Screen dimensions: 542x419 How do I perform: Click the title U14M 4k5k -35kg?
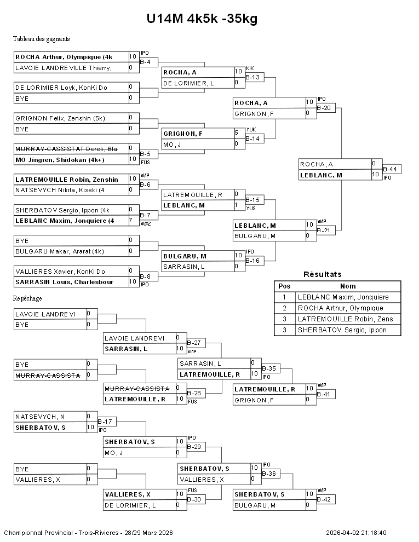202,19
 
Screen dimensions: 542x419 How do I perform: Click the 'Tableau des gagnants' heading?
41,39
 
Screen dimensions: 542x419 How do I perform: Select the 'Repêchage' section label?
27,298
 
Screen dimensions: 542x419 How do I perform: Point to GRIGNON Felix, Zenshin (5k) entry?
60,118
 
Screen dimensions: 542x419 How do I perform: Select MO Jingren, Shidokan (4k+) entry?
60,159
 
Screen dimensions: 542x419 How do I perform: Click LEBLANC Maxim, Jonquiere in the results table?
343,297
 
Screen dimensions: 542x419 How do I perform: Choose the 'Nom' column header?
348,286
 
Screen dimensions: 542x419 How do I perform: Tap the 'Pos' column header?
284,286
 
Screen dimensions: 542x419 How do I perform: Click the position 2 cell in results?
284,308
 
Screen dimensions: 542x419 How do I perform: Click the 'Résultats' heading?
322,274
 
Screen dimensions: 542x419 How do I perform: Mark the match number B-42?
325,499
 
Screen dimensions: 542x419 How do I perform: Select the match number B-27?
196,343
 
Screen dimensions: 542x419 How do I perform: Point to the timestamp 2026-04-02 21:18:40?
356,533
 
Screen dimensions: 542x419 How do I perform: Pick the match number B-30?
196,499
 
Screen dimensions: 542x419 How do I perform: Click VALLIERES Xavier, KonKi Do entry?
60,271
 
